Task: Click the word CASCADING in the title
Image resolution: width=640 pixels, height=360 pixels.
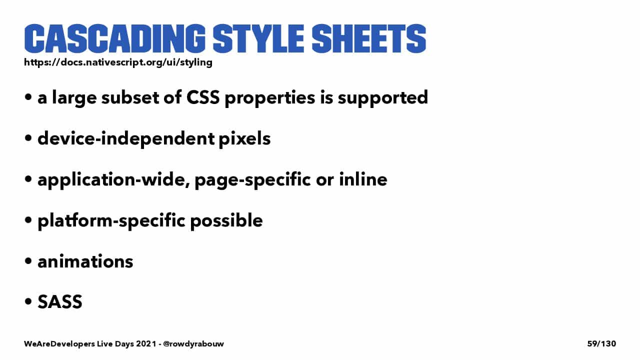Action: pos(115,39)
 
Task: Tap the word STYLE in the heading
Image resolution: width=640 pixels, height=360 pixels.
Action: pos(258,39)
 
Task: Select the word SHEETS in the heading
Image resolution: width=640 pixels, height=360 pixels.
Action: pos(369,39)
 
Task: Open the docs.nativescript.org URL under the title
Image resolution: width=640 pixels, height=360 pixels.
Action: pos(118,62)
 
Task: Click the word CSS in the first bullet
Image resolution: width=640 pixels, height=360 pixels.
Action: pos(203,97)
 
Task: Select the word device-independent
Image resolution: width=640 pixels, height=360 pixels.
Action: pos(126,139)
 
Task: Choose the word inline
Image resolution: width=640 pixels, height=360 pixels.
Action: pos(363,179)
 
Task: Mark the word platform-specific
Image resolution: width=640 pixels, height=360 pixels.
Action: pos(111,221)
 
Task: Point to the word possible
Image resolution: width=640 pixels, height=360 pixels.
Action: pos(226,221)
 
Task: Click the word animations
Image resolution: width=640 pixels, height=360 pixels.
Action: pos(85,261)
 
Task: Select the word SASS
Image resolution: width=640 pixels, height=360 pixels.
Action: pos(60,301)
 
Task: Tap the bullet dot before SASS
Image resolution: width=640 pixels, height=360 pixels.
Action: pos(28,301)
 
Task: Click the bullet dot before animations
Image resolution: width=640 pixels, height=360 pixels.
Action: pos(28,261)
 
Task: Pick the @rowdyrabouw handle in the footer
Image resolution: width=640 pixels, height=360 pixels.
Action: pos(193,343)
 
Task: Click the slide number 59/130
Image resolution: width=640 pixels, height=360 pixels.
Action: pos(601,343)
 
